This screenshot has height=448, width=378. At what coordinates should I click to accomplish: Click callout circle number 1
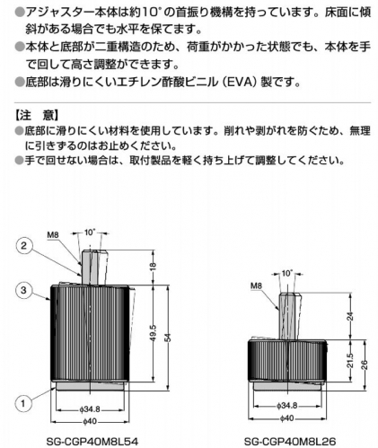pyautogui.click(x=23, y=403)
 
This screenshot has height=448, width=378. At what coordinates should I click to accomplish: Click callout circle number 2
pyautogui.click(x=23, y=246)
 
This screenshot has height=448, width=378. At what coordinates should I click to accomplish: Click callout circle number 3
pyautogui.click(x=23, y=290)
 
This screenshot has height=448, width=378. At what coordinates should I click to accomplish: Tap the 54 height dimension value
pyautogui.click(x=168, y=338)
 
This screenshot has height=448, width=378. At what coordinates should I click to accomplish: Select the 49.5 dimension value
pyautogui.click(x=153, y=333)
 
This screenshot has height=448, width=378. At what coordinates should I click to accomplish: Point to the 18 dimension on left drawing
pyautogui.click(x=153, y=265)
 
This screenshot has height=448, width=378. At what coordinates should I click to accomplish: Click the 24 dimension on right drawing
pyautogui.click(x=350, y=316)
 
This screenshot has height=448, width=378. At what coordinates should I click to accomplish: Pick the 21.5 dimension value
pyautogui.click(x=350, y=361)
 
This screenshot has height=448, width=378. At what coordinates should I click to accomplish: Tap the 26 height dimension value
pyautogui.click(x=365, y=365)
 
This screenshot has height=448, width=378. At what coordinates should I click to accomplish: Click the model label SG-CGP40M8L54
pyautogui.click(x=92, y=441)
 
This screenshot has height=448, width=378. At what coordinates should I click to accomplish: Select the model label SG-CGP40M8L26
pyautogui.click(x=290, y=441)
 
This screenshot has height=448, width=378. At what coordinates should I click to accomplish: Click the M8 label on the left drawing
pyautogui.click(x=53, y=235)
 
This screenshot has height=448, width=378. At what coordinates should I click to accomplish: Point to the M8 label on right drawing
pyautogui.click(x=256, y=285)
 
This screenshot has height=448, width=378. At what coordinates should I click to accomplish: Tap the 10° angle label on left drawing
pyautogui.click(x=90, y=233)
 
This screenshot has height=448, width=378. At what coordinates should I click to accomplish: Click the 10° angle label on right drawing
pyautogui.click(x=286, y=273)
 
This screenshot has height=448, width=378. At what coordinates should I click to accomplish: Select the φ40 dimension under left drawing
pyautogui.click(x=90, y=421)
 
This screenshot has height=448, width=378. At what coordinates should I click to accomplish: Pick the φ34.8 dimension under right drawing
pyautogui.click(x=287, y=406)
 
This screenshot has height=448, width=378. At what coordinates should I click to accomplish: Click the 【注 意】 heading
pyautogui.click(x=37, y=115)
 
